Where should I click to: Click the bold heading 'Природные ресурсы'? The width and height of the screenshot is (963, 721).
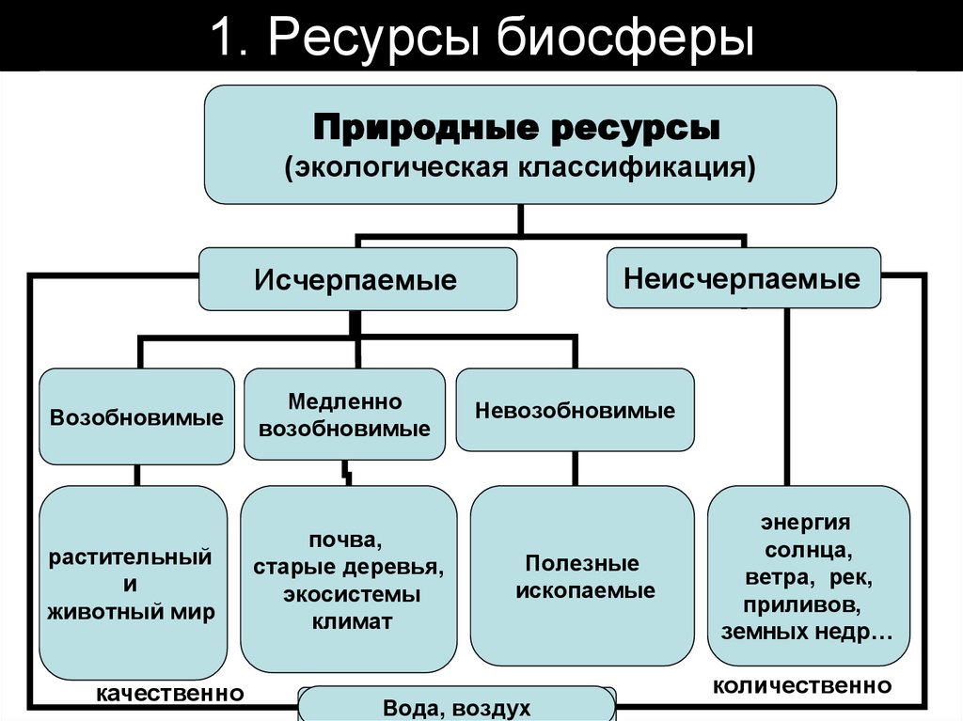[516, 128]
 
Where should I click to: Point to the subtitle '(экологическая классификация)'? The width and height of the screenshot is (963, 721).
[519, 167]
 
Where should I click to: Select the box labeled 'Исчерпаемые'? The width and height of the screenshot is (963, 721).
[357, 279]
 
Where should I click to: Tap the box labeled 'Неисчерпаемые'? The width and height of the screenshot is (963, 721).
[743, 277]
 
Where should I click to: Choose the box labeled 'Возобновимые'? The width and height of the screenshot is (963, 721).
[136, 416]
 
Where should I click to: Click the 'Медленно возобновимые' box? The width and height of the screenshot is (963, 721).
[344, 414]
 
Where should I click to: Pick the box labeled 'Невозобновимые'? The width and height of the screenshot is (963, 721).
[575, 410]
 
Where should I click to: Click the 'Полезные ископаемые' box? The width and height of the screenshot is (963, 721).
[582, 576]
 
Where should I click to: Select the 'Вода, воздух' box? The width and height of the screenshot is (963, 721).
[456, 705]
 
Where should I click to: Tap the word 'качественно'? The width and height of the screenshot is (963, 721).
[170, 694]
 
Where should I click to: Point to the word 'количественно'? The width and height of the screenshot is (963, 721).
[802, 685]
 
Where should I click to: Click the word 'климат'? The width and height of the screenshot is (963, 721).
[352, 621]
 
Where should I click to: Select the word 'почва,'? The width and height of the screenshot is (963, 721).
[345, 540]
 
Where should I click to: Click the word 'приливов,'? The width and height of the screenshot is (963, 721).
[803, 605]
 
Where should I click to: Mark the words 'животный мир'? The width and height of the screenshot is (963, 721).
[132, 612]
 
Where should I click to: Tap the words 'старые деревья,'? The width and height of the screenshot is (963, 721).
[348, 567]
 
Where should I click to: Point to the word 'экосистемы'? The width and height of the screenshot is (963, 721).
[352, 594]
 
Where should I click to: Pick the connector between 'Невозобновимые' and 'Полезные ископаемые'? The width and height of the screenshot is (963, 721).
[576, 468]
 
